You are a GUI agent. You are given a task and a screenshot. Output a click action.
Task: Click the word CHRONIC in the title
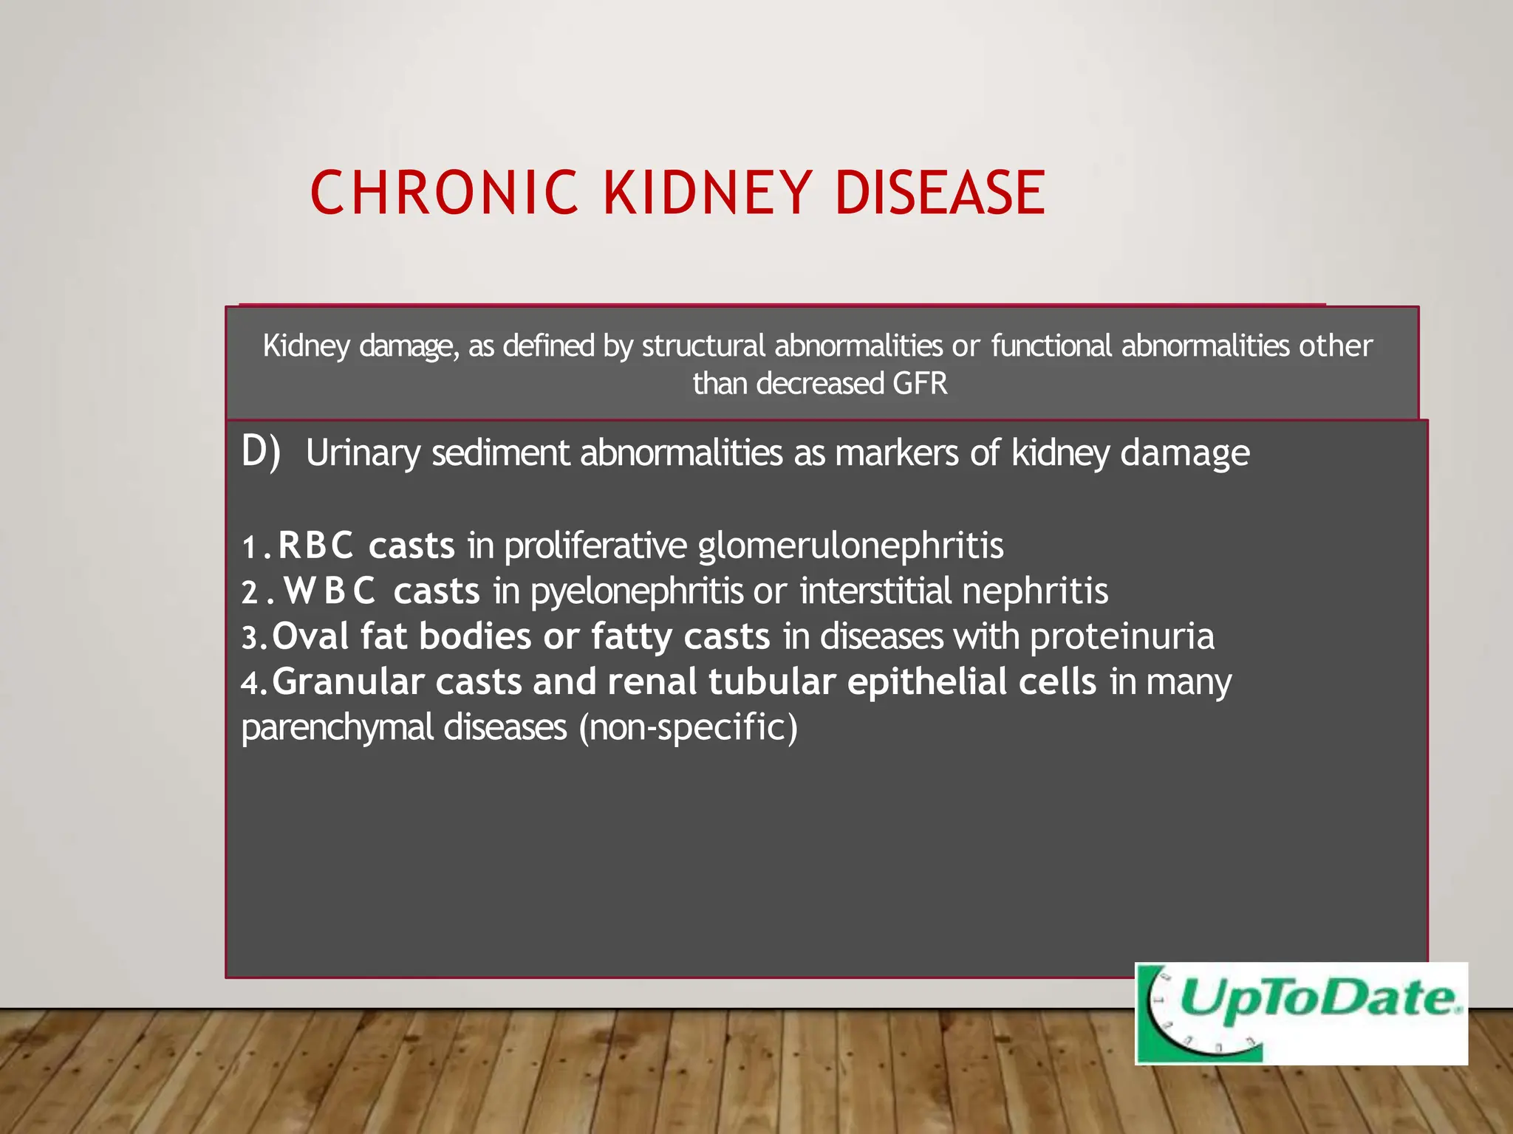pyautogui.click(x=444, y=193)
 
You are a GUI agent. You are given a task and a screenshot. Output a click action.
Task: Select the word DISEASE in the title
pyautogui.click(x=940, y=193)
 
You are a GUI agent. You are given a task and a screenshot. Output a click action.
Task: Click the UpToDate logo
pyautogui.click(x=1300, y=1013)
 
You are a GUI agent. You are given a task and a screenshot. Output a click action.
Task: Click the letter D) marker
pyautogui.click(x=261, y=451)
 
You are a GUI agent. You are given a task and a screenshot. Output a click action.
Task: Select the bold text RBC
pyautogui.click(x=315, y=546)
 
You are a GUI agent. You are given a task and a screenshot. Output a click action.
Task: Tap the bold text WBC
pyautogui.click(x=330, y=591)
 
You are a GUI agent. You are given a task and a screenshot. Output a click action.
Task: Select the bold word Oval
pyautogui.click(x=310, y=636)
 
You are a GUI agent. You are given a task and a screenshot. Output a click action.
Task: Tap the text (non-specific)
pyautogui.click(x=688, y=727)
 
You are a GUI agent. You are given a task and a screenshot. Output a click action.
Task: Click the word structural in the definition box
pyautogui.click(x=703, y=346)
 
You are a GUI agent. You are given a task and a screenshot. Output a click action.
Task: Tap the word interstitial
pyautogui.click(x=876, y=591)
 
